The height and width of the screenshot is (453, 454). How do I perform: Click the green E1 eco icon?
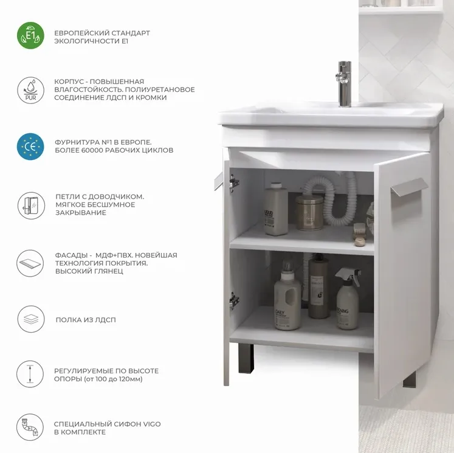30,35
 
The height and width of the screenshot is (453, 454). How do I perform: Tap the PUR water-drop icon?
30,90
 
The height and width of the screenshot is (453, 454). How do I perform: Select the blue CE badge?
30,147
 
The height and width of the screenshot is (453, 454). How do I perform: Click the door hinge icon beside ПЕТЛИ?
31,206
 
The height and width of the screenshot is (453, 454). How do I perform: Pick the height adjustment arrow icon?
30,374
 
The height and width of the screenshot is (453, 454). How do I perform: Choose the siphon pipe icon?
30,427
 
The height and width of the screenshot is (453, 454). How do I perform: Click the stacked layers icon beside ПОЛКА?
31,319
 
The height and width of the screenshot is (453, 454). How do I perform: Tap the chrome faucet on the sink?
344,84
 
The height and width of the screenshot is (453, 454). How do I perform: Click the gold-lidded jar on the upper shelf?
309,212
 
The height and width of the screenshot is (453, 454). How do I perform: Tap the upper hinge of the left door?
234,183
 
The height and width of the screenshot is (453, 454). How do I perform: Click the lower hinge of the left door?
234,301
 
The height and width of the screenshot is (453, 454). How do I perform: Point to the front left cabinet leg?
246,359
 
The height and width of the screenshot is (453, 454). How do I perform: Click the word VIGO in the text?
152,424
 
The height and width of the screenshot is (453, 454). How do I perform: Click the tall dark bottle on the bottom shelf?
318,286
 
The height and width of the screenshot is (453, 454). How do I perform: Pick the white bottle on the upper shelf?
276,209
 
